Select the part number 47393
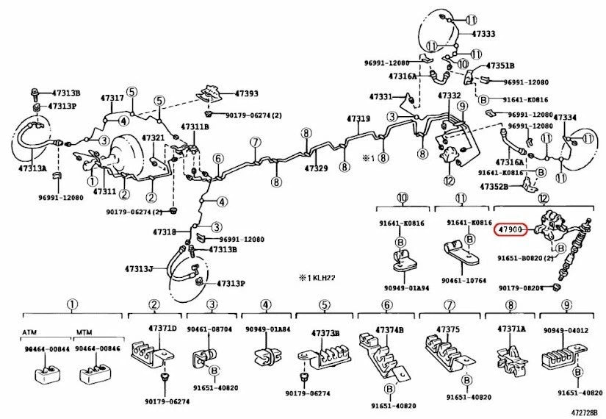(x=246, y=94)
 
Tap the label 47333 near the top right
(x=483, y=34)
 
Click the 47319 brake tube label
(x=358, y=119)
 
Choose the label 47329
(x=317, y=169)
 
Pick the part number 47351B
(x=501, y=65)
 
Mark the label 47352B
(x=494, y=187)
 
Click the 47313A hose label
(x=32, y=168)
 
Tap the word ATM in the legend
(x=30, y=332)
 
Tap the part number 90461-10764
(x=461, y=281)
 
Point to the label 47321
(x=153, y=138)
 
